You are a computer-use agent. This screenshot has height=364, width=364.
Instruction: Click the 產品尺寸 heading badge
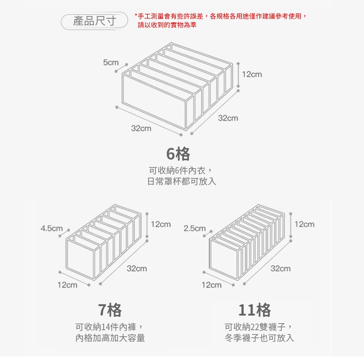click(x=94, y=21)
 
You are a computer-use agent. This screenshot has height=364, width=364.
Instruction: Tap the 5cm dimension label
click(x=111, y=63)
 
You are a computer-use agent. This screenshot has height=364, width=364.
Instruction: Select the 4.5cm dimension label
click(x=52, y=229)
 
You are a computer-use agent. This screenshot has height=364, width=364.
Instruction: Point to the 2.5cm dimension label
click(x=195, y=229)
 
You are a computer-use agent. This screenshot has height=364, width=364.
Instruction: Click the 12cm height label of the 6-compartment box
click(x=252, y=74)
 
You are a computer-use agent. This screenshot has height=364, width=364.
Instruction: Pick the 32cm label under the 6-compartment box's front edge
click(x=141, y=128)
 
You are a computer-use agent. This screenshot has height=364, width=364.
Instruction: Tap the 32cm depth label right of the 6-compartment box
click(x=228, y=118)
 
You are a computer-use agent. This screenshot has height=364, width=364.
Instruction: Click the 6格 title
click(x=178, y=154)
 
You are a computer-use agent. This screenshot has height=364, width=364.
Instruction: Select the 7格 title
click(x=110, y=310)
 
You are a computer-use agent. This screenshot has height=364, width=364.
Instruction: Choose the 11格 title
click(x=255, y=310)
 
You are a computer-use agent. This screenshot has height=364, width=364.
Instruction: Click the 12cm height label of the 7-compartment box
click(x=161, y=224)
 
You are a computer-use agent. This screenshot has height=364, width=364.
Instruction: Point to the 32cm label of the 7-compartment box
click(x=137, y=269)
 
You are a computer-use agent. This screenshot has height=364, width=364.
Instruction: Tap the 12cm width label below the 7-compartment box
click(x=67, y=285)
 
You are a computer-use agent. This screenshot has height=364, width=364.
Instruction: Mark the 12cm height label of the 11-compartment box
click(x=304, y=224)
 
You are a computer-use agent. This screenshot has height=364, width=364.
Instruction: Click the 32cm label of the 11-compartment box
click(x=281, y=269)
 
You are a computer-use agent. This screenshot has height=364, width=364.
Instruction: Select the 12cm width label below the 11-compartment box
click(x=211, y=285)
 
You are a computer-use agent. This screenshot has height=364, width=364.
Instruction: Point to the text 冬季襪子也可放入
click(x=259, y=338)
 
